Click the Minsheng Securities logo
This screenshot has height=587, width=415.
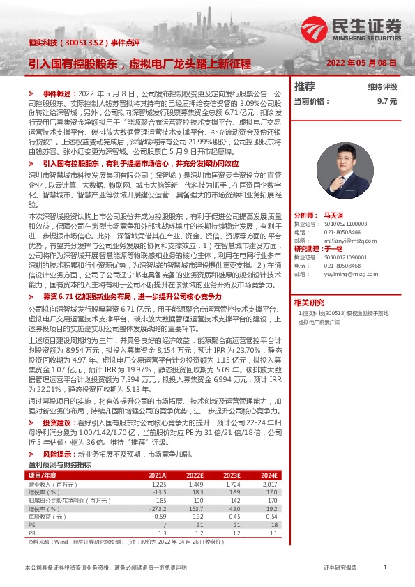[x=372, y=26]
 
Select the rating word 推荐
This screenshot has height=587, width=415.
[x=305, y=86]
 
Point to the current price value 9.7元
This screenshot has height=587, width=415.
[x=386, y=101]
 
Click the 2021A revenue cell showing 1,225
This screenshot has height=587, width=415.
[x=158, y=483]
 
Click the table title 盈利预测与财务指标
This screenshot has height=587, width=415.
[x=59, y=464]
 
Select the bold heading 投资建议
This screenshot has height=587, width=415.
[x=57, y=422]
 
